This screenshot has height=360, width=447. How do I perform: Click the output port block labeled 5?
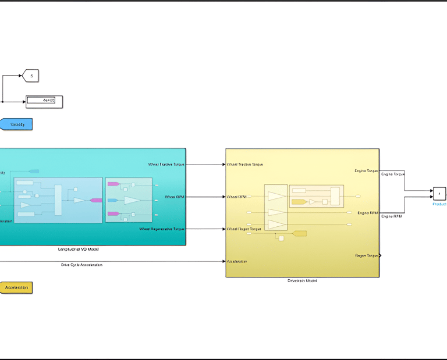pyautogui.click(x=30, y=75)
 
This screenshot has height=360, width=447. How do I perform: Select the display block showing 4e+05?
pyautogui.click(x=44, y=101)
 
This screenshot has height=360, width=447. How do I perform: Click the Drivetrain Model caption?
pyautogui.click(x=303, y=280)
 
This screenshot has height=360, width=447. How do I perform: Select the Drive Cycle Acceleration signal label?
pyautogui.click(x=82, y=265)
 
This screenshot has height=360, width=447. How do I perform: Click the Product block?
pyautogui.click(x=439, y=194)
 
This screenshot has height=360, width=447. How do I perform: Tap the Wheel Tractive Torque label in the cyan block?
pyautogui.click(x=166, y=165)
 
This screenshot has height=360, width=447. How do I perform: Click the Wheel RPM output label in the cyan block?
pyautogui.click(x=174, y=197)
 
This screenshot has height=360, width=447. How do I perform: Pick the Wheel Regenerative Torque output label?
pyautogui.click(x=162, y=229)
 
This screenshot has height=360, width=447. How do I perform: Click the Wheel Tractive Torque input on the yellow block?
pyautogui.click(x=245, y=165)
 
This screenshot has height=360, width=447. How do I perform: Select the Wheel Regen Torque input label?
pyautogui.click(x=244, y=229)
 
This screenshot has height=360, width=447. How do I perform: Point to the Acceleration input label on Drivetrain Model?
pyautogui.click(x=237, y=261)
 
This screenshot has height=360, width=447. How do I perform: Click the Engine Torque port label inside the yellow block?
pyautogui.click(x=367, y=170)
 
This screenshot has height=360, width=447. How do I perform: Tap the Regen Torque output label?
pyautogui.click(x=367, y=255)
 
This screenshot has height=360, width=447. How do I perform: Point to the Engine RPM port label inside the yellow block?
pyautogui.click(x=368, y=213)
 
